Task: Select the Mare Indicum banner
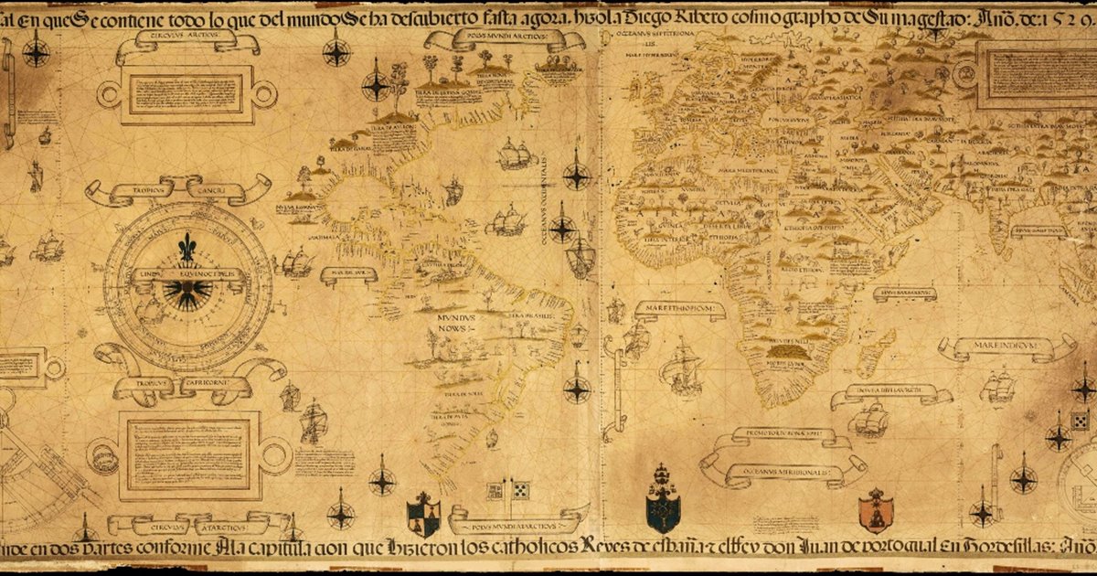pyautogui.click(x=1006, y=347)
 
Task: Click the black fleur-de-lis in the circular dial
pyautogui.click(x=186, y=248)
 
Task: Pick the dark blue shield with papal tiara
pyautogui.click(x=662, y=499)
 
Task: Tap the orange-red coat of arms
pyautogui.click(x=875, y=510)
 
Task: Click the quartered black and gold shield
pyautogui.click(x=423, y=514)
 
